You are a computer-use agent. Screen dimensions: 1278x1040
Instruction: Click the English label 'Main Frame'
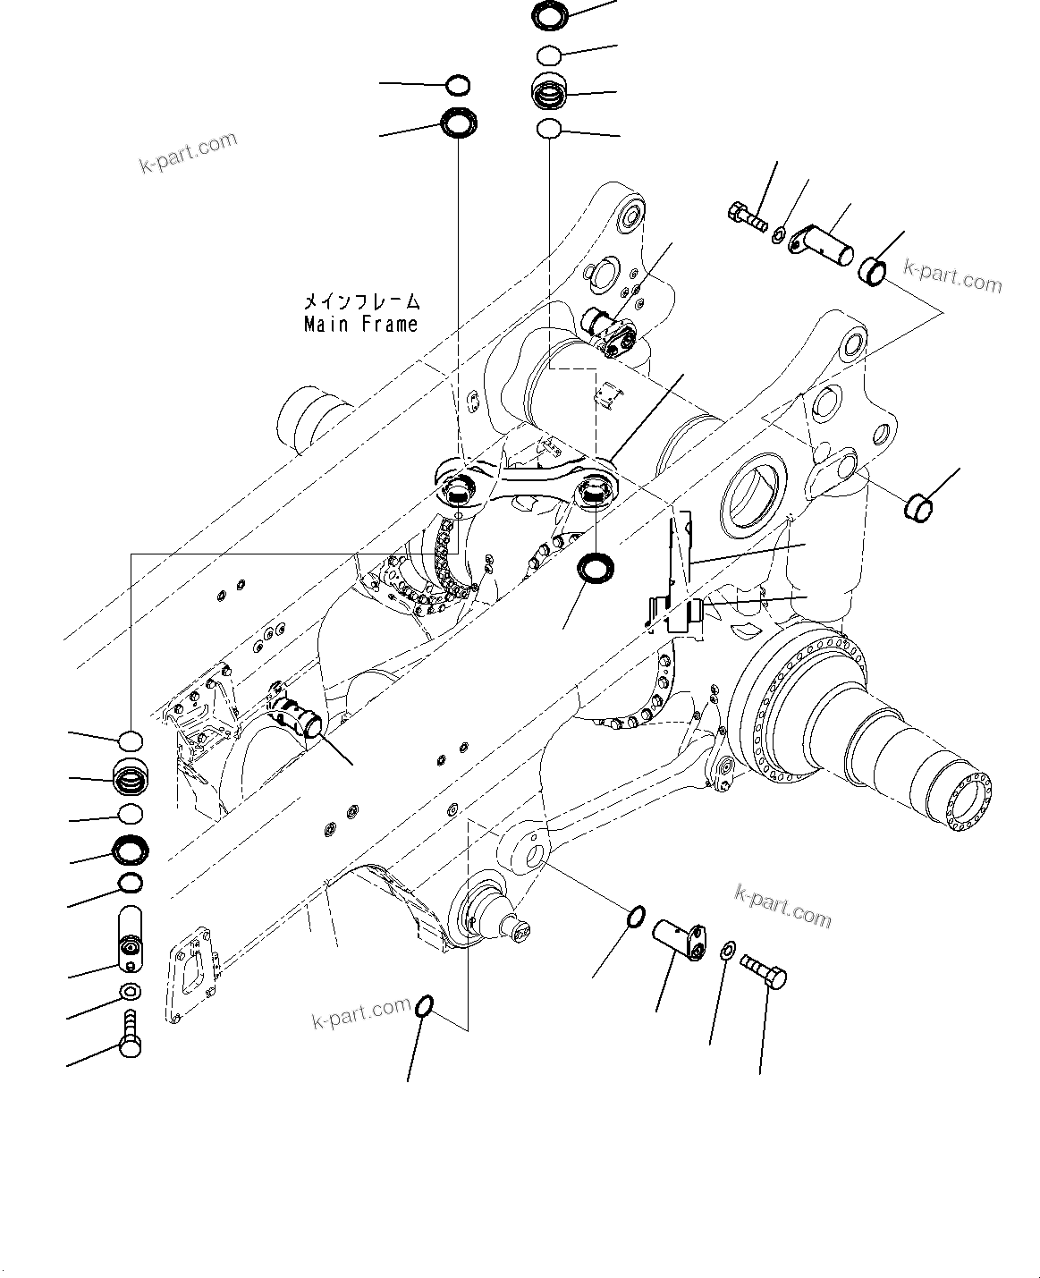tap(360, 324)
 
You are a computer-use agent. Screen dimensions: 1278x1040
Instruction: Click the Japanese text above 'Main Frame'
tap(360, 302)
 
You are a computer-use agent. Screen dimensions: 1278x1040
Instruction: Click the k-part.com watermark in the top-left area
tap(188, 153)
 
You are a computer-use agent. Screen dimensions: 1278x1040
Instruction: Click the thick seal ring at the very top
tap(548, 14)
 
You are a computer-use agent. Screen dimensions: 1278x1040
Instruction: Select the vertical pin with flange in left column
tap(131, 938)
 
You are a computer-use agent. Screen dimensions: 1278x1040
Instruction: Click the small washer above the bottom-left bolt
tap(130, 991)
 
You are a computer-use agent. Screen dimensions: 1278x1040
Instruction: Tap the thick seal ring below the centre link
tap(594, 567)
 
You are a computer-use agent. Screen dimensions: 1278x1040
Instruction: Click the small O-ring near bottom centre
tap(426, 1007)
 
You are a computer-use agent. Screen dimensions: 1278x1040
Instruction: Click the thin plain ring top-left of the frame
tap(458, 86)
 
